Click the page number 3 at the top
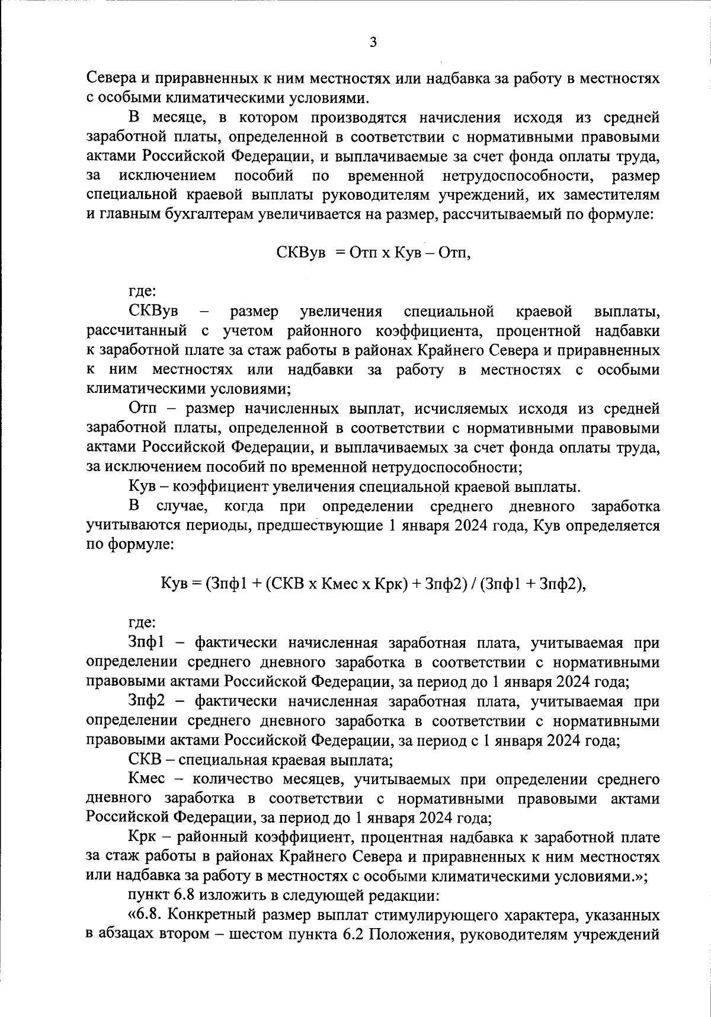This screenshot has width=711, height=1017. tap(373, 42)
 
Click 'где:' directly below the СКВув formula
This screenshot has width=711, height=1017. tap(142, 292)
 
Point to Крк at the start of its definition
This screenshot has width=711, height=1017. tap(144, 838)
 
